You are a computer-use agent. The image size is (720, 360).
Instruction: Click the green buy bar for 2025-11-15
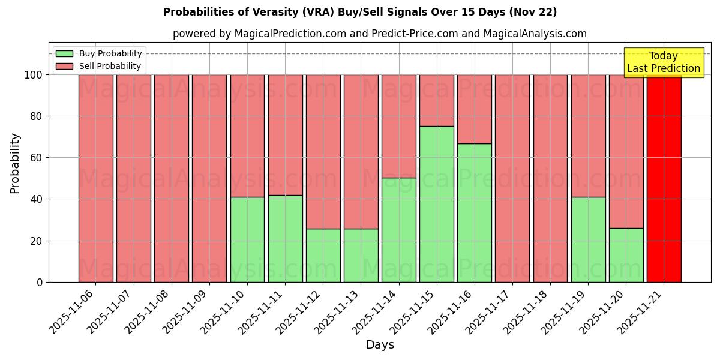pos(436,204)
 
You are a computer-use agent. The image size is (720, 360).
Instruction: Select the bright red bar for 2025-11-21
pos(664,178)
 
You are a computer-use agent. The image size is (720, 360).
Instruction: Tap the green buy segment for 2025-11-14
pos(398,230)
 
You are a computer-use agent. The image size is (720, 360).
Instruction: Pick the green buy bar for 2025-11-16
pos(474,213)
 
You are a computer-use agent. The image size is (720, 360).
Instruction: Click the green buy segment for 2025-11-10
pos(247,239)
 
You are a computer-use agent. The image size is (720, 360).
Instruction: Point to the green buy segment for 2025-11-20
pos(626,255)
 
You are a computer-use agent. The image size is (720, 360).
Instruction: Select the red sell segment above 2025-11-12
pos(323,151)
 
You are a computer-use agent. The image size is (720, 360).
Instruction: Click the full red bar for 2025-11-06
pos(95,178)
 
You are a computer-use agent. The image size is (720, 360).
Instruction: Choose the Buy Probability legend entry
pos(99,53)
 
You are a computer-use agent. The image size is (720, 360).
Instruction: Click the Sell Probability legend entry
pos(99,66)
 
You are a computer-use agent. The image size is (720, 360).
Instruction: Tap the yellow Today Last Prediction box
pos(664,62)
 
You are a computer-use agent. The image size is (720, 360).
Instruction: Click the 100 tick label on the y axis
pos(32,75)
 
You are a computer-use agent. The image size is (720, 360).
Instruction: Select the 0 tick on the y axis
pos(40,282)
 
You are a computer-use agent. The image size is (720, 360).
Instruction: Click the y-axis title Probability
pos(15,163)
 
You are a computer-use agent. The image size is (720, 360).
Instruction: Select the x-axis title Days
pos(380,345)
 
